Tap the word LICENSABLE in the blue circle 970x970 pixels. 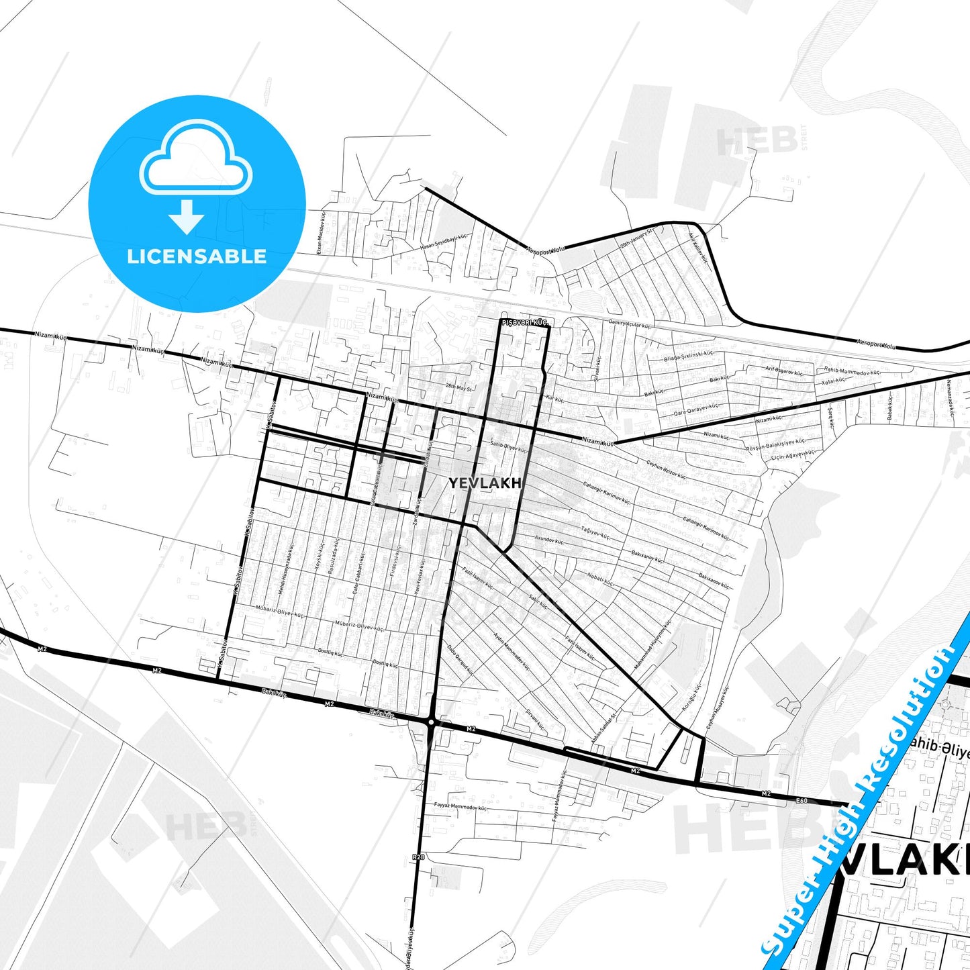(197, 256)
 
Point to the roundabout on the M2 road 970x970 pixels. (432, 722)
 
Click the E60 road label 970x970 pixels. (802, 800)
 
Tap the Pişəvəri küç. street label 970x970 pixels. (525, 323)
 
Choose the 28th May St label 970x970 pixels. (459, 387)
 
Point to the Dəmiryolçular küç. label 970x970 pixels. (629, 324)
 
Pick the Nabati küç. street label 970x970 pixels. (600, 580)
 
